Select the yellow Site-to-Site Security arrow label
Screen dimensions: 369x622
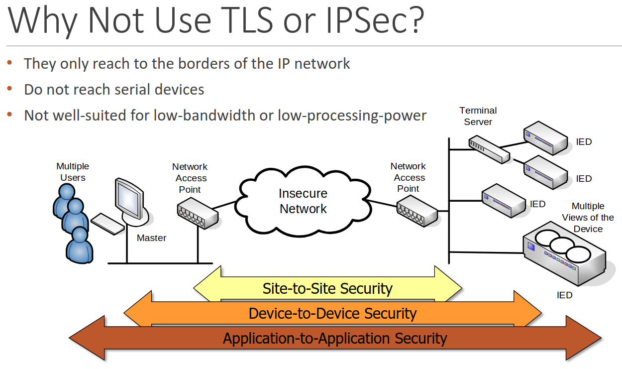(327, 288)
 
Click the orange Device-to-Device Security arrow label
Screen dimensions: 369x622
(332, 313)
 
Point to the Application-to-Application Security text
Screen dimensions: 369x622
(335, 338)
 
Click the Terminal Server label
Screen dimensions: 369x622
(478, 116)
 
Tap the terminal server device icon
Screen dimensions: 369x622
(489, 149)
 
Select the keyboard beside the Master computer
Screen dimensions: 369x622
(107, 224)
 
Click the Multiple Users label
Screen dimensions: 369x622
(73, 172)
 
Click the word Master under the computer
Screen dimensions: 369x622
(151, 238)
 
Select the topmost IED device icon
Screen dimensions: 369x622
(545, 138)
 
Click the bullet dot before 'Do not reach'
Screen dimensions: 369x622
(9, 89)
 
